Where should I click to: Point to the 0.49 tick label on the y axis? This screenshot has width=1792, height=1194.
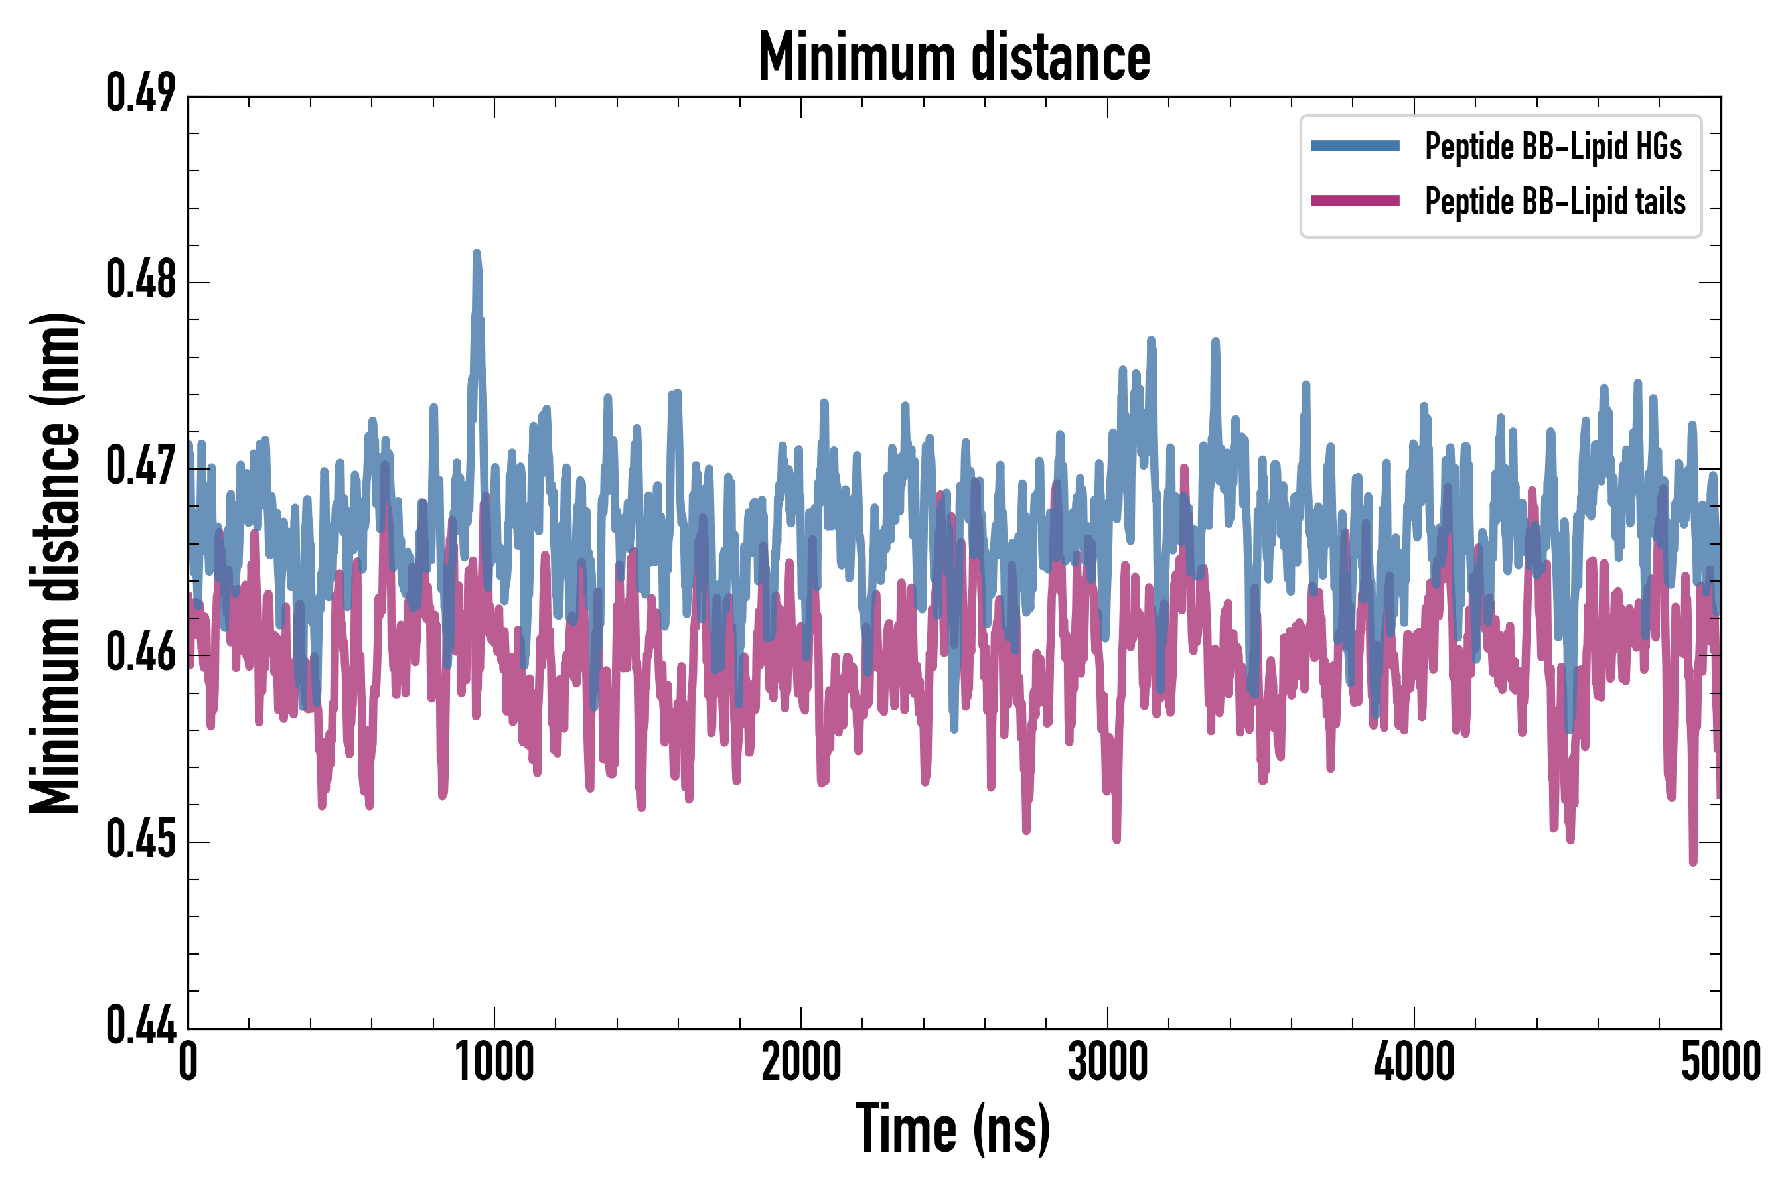pos(140,94)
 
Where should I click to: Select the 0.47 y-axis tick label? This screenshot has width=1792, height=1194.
pos(140,467)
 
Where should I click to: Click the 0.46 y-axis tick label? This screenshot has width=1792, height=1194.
pos(140,653)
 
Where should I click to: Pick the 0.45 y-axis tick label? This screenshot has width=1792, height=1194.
pos(140,840)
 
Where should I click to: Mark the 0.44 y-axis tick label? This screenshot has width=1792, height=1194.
pos(140,1026)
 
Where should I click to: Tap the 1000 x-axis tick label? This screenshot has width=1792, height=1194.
pos(494,1062)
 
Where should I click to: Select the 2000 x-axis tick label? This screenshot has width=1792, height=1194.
pos(801,1062)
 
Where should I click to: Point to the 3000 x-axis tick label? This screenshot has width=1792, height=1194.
pos(1107,1062)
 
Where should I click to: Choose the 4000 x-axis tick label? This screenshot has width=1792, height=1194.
pos(1414,1062)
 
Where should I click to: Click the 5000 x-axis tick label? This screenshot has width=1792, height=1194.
pos(1720,1062)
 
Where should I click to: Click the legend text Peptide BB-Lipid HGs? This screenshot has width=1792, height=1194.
pos(1553,146)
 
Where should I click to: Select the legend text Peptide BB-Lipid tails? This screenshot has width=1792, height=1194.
pos(1555,202)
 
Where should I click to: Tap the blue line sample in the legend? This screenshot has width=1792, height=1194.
pos(1355,146)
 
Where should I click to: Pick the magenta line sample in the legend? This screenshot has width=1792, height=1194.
pos(1355,202)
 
